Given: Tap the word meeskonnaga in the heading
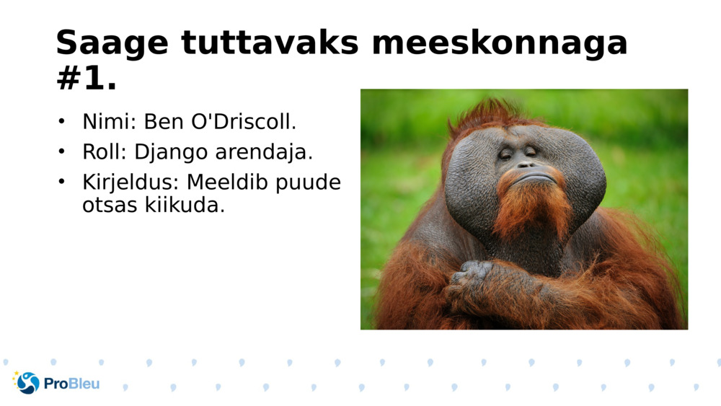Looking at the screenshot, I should (x=500, y=43).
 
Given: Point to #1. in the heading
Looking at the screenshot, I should (x=86, y=79).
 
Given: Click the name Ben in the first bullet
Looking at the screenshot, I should (x=164, y=122).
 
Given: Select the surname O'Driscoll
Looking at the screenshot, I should (x=242, y=122).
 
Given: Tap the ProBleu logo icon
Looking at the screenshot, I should (x=27, y=383).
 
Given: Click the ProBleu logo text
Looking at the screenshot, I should (x=71, y=384).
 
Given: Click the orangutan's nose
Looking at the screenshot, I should (x=525, y=164).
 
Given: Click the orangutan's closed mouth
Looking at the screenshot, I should (x=528, y=177).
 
